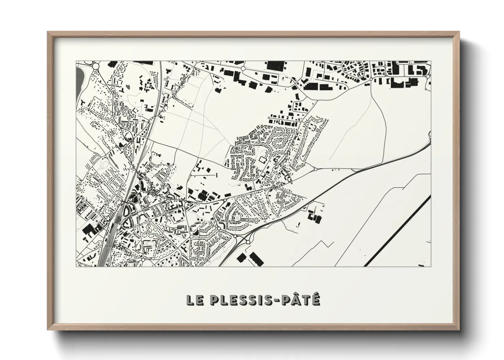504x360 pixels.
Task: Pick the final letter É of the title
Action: click(315, 299)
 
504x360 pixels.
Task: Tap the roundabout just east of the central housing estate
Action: click(315, 169)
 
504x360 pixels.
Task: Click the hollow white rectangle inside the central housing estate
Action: click(263, 159)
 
